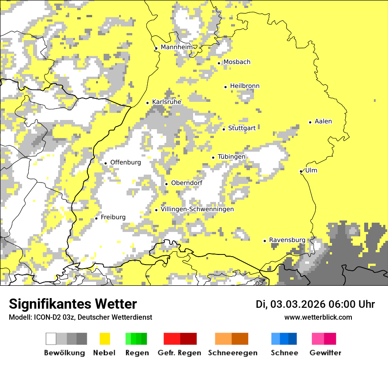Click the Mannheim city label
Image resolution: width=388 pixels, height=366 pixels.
(x=177, y=47)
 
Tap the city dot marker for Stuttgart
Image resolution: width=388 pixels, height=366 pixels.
(x=224, y=129)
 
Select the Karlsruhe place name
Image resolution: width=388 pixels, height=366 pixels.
(x=167, y=102)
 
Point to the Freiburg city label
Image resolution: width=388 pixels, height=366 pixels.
(x=113, y=217)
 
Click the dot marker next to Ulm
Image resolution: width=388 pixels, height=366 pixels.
(x=301, y=171)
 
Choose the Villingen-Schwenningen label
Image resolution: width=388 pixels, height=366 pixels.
(x=197, y=209)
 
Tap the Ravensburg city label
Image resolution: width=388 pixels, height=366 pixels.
(x=287, y=240)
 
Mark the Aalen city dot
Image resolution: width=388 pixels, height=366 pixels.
(x=310, y=122)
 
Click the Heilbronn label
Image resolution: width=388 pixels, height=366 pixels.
(x=245, y=86)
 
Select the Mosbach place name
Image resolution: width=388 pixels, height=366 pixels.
(x=237, y=62)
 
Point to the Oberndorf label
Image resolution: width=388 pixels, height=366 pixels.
(x=187, y=183)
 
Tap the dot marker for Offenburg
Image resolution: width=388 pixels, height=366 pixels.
(x=106, y=163)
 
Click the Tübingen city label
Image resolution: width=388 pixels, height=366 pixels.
(x=231, y=157)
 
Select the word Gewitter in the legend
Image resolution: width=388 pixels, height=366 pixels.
(x=325, y=353)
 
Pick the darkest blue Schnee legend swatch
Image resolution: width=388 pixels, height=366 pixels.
(x=293, y=339)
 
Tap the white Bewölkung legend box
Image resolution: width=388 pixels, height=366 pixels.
(x=51, y=339)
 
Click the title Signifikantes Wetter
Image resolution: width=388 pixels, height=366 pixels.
(x=73, y=304)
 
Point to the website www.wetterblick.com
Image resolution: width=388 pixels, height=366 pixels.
(x=318, y=317)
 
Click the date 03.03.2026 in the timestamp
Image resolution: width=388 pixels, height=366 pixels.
(x=298, y=304)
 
